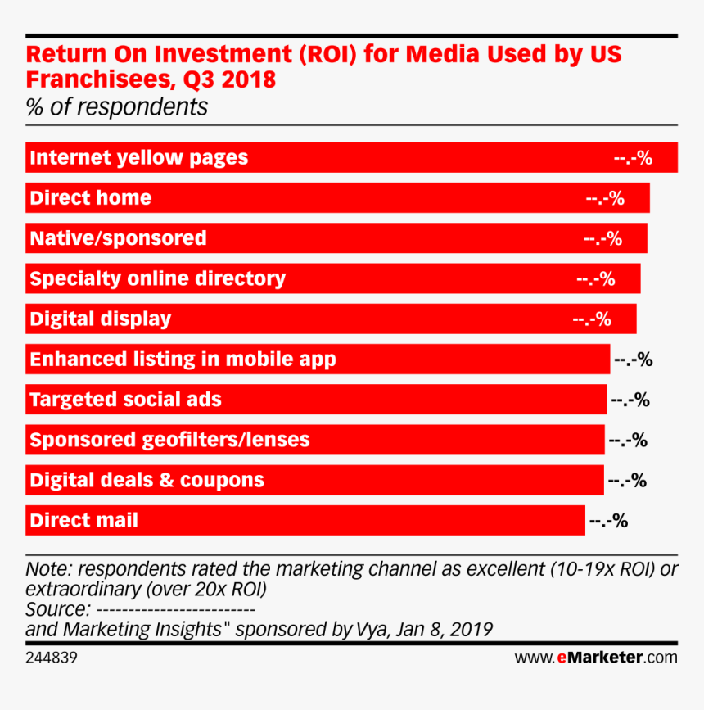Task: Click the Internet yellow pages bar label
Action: point(138,158)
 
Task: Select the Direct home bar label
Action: point(90,198)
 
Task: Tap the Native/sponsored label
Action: point(118,238)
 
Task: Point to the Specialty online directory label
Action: point(157,278)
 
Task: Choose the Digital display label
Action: point(100,319)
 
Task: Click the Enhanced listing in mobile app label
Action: point(183,359)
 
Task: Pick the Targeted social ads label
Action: point(125,400)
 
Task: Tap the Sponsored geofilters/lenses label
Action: point(169,440)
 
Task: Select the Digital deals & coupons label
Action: point(147,480)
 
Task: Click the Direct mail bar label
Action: point(83,520)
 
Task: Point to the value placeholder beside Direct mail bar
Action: point(608,521)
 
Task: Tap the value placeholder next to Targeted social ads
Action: point(629,400)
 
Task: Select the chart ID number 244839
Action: point(52,657)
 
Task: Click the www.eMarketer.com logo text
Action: point(596,657)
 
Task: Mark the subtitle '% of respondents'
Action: point(116,107)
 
